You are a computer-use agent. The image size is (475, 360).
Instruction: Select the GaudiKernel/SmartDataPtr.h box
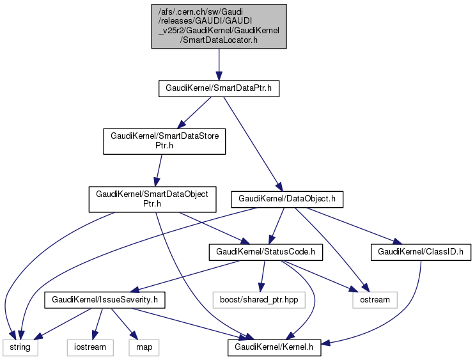click(x=219, y=89)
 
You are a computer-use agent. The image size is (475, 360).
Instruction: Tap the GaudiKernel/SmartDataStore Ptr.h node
click(x=164, y=141)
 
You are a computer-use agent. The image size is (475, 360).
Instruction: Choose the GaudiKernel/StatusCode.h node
click(x=265, y=253)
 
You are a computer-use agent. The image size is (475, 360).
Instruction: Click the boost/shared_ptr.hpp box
click(x=259, y=299)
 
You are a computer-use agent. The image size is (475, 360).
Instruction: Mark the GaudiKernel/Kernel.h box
click(x=274, y=347)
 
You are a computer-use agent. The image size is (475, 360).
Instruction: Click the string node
click(x=20, y=347)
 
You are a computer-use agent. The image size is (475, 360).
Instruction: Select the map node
click(x=144, y=347)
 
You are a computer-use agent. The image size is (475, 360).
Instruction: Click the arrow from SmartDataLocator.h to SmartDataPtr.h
click(x=219, y=64)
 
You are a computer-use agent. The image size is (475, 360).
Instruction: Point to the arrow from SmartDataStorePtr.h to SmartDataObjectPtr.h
click(x=159, y=169)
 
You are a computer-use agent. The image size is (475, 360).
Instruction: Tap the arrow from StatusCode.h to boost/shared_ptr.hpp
click(x=262, y=276)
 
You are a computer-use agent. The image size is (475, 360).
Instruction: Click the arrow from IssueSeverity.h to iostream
click(x=97, y=323)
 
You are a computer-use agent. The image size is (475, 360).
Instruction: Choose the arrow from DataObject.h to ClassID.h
click(x=361, y=224)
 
